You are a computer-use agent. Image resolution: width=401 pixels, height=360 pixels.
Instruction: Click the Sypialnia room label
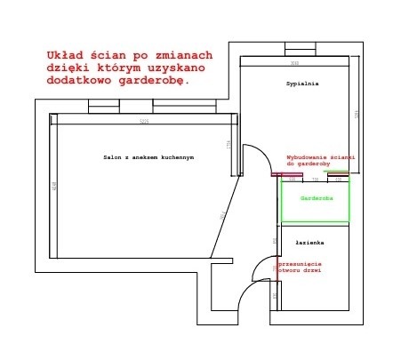coord(302,83)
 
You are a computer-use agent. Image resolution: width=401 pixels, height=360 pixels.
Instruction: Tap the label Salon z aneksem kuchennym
coord(148,157)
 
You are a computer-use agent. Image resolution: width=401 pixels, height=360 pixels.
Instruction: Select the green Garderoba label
coord(316,197)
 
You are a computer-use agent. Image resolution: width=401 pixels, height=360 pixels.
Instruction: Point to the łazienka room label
coord(309,242)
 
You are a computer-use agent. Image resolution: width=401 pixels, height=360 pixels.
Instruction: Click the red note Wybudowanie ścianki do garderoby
coord(320,161)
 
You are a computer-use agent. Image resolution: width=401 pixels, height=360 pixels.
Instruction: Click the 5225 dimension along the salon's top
coord(143,121)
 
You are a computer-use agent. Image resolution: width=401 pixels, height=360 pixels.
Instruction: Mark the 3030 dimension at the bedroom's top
coord(294,63)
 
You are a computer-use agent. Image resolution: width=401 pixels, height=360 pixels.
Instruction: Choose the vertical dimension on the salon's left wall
coord(54,186)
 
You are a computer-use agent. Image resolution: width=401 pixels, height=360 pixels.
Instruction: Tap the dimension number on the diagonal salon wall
coord(221,215)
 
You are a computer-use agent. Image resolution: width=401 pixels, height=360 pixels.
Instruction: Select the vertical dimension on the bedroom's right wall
coord(355,114)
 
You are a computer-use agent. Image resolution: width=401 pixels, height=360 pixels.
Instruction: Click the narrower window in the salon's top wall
coord(103,106)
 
